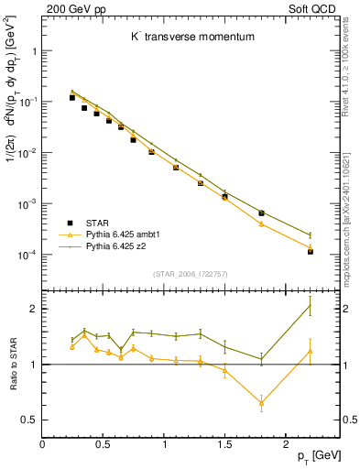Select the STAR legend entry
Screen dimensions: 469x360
(x=92, y=223)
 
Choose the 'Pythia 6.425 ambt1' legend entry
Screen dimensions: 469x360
(x=119, y=234)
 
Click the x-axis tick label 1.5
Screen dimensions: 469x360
(x=224, y=444)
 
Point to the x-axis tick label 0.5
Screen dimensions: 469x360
(x=103, y=444)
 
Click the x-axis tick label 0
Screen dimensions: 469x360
(x=42, y=444)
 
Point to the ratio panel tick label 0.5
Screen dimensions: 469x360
(x=30, y=420)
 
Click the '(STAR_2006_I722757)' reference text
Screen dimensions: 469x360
(x=190, y=274)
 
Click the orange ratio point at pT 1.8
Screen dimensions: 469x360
(x=261, y=403)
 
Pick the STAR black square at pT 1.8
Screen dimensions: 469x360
(x=261, y=213)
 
